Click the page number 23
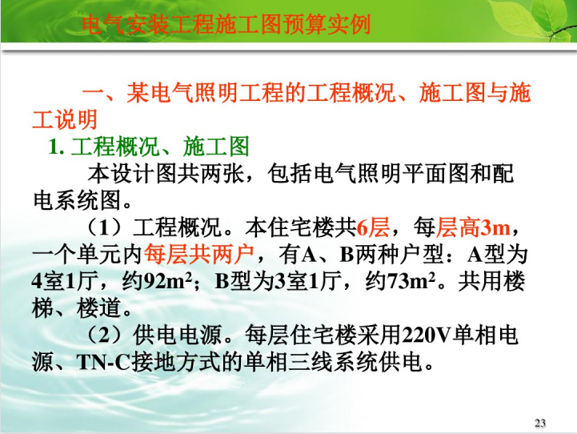click(x=540, y=423)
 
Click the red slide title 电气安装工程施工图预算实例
click(x=226, y=24)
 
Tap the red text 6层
click(x=373, y=227)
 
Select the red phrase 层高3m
click(x=473, y=227)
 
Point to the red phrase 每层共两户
click(x=199, y=254)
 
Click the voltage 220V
click(x=427, y=335)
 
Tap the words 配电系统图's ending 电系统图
click(x=77, y=200)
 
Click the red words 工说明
click(x=65, y=119)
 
